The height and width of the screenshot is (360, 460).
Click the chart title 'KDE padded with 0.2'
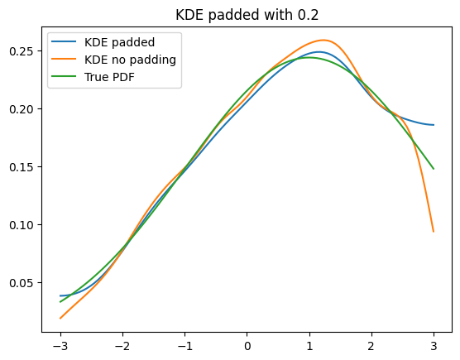(x=247, y=15)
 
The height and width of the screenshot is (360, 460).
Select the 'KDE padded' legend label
(x=119, y=42)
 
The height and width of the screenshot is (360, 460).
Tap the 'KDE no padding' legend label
(x=130, y=60)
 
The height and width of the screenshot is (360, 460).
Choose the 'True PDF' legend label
(x=109, y=77)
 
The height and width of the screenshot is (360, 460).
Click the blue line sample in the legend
(x=64, y=41)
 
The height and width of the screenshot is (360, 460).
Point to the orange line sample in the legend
(x=64, y=59)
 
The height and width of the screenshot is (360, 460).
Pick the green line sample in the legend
(x=64, y=76)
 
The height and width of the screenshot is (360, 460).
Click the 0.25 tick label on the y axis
(x=22, y=51)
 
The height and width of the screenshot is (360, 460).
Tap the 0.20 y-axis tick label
(x=22, y=109)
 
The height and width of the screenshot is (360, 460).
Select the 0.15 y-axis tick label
(x=22, y=167)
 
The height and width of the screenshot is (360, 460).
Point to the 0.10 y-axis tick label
(x=22, y=225)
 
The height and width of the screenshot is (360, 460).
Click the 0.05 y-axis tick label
(x=22, y=283)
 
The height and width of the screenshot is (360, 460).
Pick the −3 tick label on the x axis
(x=60, y=346)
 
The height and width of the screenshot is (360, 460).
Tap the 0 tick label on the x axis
(x=247, y=346)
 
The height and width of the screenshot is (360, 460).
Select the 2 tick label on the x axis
(x=371, y=346)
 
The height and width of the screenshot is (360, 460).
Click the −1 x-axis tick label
(x=184, y=346)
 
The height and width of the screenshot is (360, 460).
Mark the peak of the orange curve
(x=323, y=40)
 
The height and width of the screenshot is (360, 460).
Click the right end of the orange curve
(x=434, y=232)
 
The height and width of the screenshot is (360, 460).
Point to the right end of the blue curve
(x=434, y=125)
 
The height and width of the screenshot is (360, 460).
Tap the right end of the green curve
(x=434, y=169)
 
